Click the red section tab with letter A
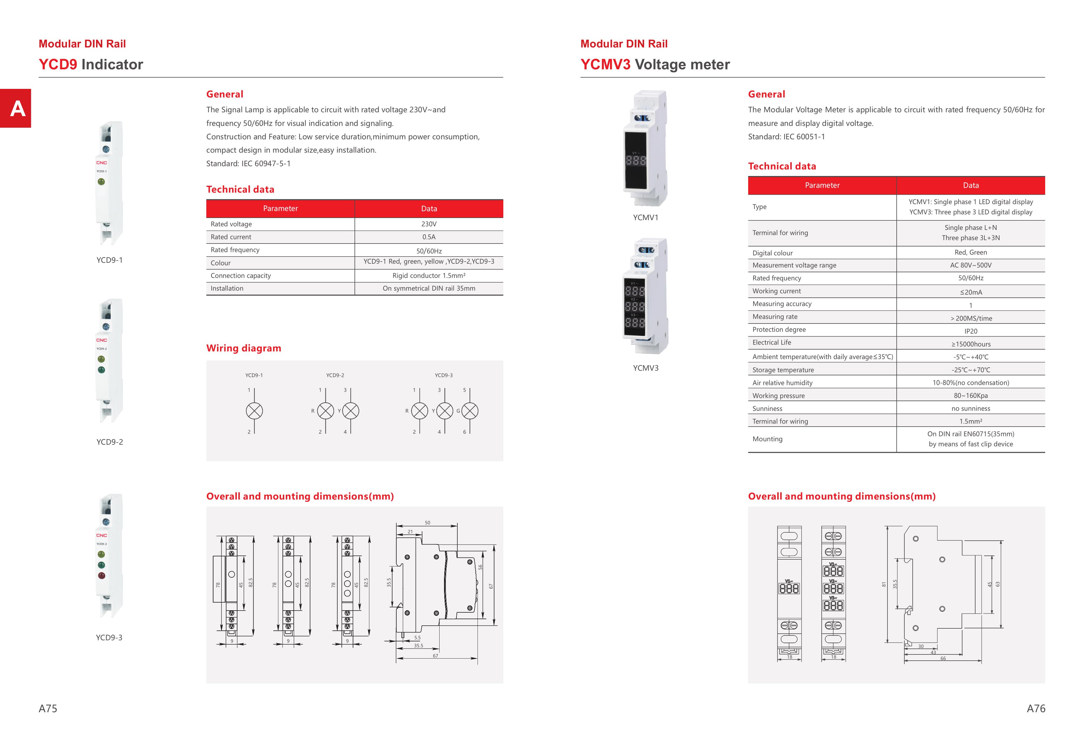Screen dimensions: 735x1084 point(15,108)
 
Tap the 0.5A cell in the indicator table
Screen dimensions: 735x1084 point(429,237)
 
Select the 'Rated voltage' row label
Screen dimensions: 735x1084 point(231,224)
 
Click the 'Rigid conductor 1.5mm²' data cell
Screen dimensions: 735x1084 point(429,276)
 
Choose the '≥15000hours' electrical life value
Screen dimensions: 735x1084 point(971,344)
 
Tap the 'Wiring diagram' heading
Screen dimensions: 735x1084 point(243,348)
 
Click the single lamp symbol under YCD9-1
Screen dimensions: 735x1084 point(254,411)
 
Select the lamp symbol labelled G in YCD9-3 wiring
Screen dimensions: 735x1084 point(470,411)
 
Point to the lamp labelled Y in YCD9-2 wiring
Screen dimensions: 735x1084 point(351,411)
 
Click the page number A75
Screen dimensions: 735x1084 point(48,708)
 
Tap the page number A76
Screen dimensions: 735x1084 point(1035,708)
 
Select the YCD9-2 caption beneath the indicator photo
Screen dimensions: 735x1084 point(110,442)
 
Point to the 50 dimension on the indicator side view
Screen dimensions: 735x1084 point(427,523)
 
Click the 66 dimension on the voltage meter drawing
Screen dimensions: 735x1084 point(943,658)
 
